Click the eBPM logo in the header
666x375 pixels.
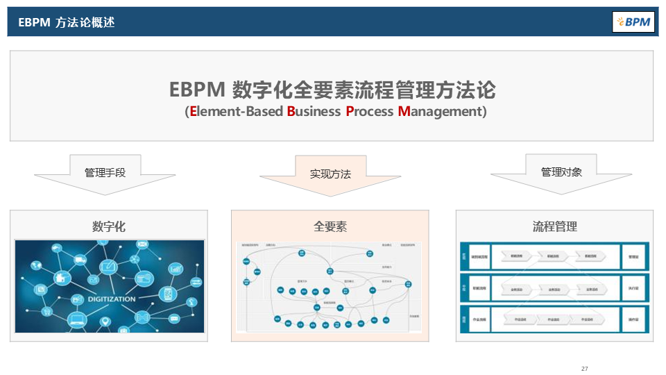(x=633, y=22)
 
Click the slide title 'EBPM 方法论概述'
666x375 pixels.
(x=67, y=22)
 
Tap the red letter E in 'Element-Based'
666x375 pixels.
(x=193, y=111)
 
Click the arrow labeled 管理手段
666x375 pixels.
(x=105, y=173)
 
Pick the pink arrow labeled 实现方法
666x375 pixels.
(x=330, y=174)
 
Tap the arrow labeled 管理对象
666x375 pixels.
(x=561, y=172)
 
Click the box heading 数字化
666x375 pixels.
(x=109, y=226)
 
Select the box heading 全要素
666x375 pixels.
(x=330, y=226)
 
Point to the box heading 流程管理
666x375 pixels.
(x=554, y=226)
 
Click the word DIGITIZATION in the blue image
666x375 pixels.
(x=111, y=299)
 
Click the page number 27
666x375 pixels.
(x=585, y=368)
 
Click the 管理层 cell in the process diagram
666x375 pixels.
(x=634, y=256)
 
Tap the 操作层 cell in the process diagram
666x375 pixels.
(x=634, y=319)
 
